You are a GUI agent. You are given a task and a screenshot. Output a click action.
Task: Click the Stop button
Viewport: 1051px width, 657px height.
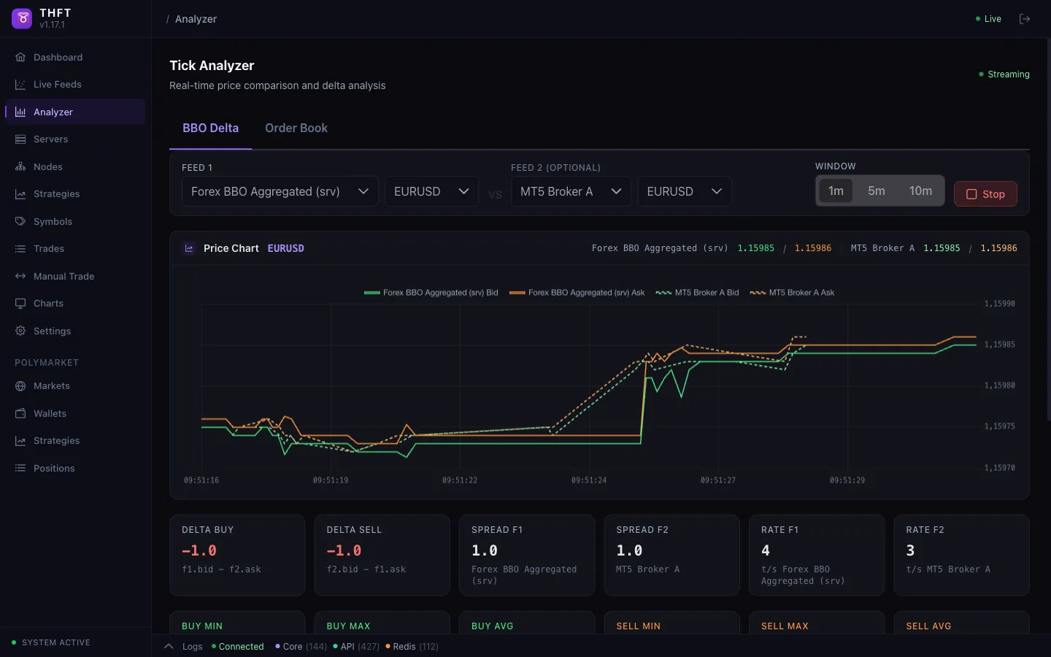click(x=985, y=194)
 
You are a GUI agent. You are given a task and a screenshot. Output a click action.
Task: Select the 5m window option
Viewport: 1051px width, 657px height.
click(x=876, y=191)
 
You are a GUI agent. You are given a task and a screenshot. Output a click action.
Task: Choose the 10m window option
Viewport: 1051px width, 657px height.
click(x=920, y=191)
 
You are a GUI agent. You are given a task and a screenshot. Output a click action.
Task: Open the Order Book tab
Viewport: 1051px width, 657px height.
click(x=296, y=128)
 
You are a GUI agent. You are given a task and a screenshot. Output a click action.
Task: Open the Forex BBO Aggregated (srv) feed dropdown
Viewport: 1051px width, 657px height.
click(x=280, y=192)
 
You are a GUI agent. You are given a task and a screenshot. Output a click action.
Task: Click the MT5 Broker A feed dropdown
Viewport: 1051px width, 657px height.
click(x=570, y=192)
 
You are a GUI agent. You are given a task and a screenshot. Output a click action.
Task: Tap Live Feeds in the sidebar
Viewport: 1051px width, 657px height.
click(x=57, y=85)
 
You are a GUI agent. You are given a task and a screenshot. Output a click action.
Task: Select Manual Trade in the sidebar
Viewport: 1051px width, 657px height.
click(x=63, y=277)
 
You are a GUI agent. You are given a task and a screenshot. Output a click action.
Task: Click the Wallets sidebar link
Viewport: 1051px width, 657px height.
click(x=50, y=414)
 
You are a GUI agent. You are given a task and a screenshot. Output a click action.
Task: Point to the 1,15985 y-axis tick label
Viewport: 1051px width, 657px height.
click(x=999, y=345)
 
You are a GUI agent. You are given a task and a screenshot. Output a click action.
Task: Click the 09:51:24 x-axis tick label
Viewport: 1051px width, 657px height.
click(x=588, y=480)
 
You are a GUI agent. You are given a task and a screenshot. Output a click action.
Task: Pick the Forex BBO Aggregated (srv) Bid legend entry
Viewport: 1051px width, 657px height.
click(x=431, y=293)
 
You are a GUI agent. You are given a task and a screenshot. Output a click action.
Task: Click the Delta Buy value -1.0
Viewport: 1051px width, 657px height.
click(x=199, y=551)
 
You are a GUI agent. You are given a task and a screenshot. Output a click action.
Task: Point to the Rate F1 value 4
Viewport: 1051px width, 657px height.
click(x=766, y=551)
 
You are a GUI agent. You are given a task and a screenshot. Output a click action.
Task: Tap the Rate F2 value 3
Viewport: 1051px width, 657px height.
click(x=910, y=551)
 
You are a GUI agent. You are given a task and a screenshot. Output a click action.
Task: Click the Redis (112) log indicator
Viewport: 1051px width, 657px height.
click(x=412, y=647)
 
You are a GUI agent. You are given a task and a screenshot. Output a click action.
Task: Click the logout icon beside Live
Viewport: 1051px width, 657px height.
click(x=1025, y=19)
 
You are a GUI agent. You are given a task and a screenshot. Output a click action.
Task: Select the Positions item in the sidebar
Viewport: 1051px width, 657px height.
click(x=54, y=469)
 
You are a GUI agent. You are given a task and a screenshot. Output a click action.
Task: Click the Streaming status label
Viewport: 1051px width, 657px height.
click(x=1008, y=74)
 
